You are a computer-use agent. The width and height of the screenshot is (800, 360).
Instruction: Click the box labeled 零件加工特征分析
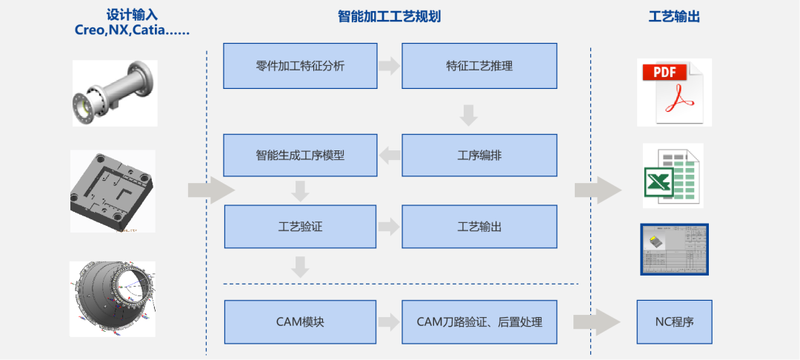pyautogui.click(x=300, y=66)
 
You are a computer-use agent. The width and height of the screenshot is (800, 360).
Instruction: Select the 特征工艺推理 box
pyautogui.click(x=479, y=66)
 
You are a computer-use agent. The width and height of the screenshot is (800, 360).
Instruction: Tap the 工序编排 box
pyautogui.click(x=479, y=156)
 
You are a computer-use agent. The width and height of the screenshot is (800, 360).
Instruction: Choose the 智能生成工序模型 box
pyautogui.click(x=300, y=156)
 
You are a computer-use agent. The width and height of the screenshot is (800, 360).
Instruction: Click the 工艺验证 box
pyautogui.click(x=300, y=227)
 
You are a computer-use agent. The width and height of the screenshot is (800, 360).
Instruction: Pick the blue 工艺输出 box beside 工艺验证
pyautogui.click(x=479, y=227)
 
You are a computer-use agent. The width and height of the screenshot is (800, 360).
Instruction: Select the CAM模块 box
pyautogui.click(x=300, y=322)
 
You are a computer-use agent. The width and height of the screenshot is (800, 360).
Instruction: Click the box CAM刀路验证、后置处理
pyautogui.click(x=479, y=322)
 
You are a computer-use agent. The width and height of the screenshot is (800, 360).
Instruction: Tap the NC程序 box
pyautogui.click(x=674, y=322)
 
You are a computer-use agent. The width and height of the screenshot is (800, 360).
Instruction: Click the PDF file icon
pyautogui.click(x=673, y=92)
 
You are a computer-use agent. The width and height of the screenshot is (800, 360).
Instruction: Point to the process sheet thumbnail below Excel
pyautogui.click(x=674, y=249)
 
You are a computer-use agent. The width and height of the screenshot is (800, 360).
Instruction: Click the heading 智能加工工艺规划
pyautogui.click(x=389, y=16)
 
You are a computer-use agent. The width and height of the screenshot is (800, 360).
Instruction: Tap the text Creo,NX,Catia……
pyautogui.click(x=132, y=30)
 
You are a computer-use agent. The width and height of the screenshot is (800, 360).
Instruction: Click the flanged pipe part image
pyautogui.click(x=115, y=93)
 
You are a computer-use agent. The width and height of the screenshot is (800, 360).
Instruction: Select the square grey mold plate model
pyautogui.click(x=113, y=191)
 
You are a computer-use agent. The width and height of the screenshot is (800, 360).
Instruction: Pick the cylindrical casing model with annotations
pyautogui.click(x=113, y=299)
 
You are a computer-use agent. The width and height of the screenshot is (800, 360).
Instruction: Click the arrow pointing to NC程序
pyautogui.click(x=596, y=322)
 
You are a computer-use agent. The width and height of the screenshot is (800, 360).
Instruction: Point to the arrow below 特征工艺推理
pyautogui.click(x=468, y=115)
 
